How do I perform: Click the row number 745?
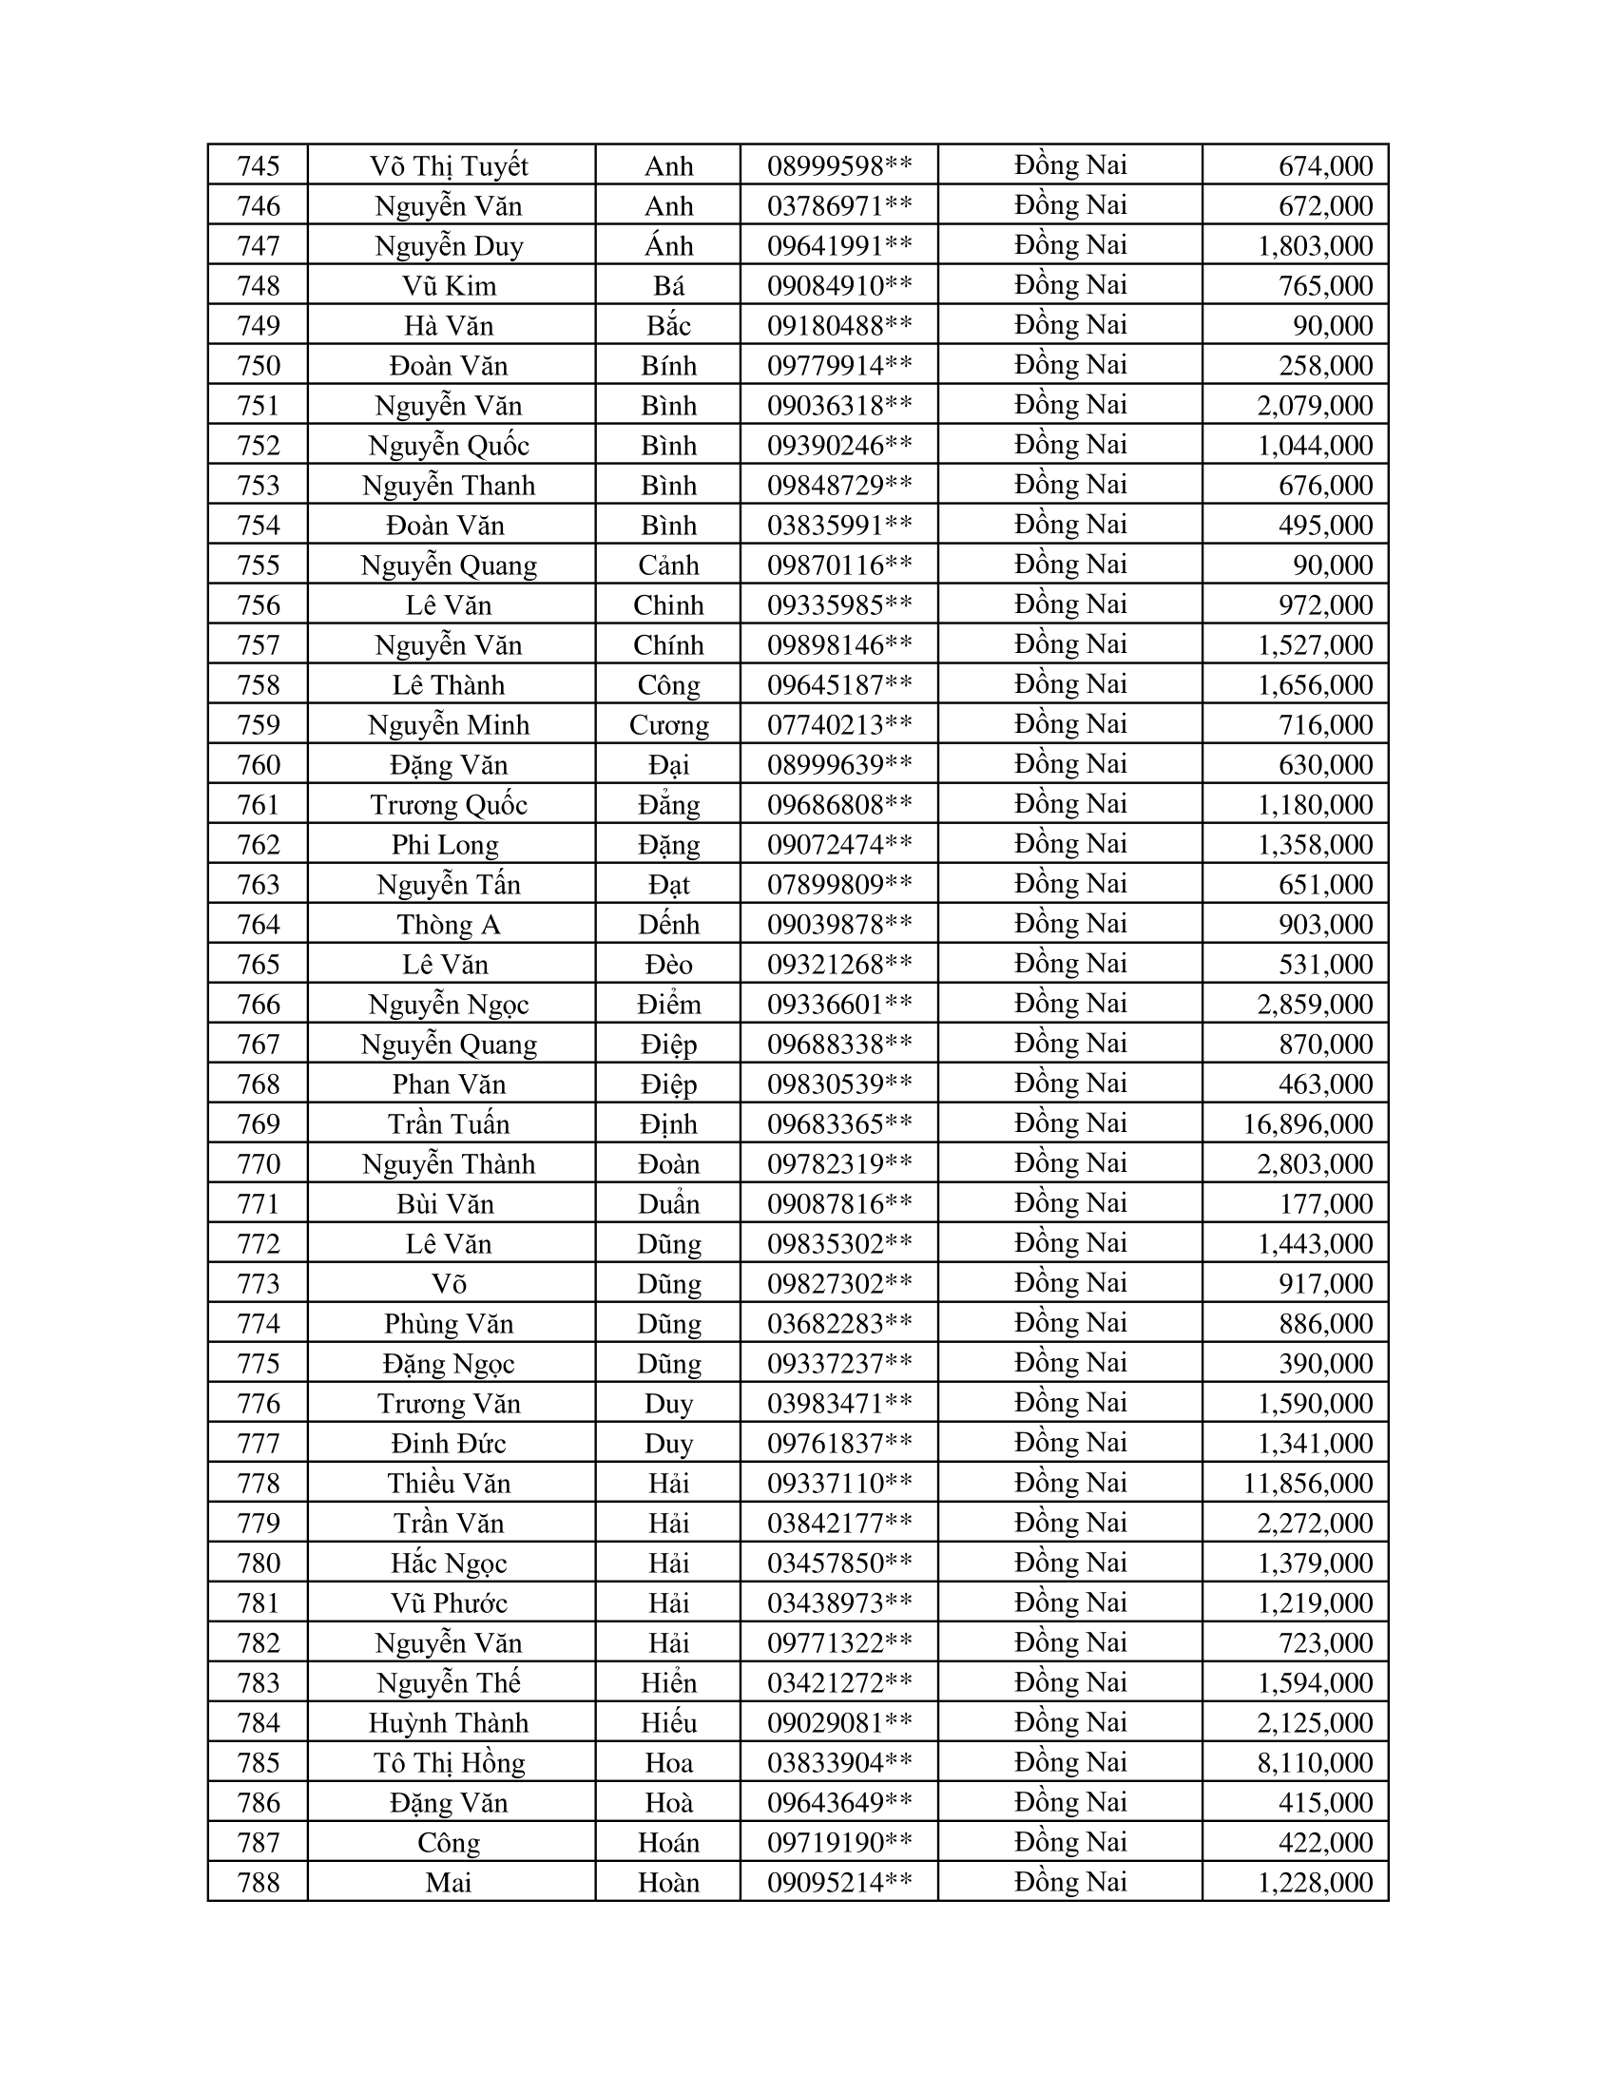point(259,165)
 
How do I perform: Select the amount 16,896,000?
point(1308,1124)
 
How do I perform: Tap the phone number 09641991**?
point(838,246)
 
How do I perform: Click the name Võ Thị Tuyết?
point(449,165)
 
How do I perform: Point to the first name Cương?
point(668,725)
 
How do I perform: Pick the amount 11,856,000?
point(1308,1483)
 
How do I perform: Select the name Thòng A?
point(449,925)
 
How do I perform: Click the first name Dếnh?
point(668,925)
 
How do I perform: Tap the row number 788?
point(259,1882)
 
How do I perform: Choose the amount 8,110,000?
point(1315,1762)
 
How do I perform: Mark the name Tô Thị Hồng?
point(449,1762)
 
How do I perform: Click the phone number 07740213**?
point(838,725)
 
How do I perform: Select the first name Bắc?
point(668,325)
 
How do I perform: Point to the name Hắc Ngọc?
point(449,1563)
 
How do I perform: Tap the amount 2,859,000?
point(1315,1005)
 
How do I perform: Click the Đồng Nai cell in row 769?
point(1070,1124)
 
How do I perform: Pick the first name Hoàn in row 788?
point(668,1882)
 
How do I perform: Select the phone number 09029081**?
point(838,1722)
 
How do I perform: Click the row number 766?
point(259,1005)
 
